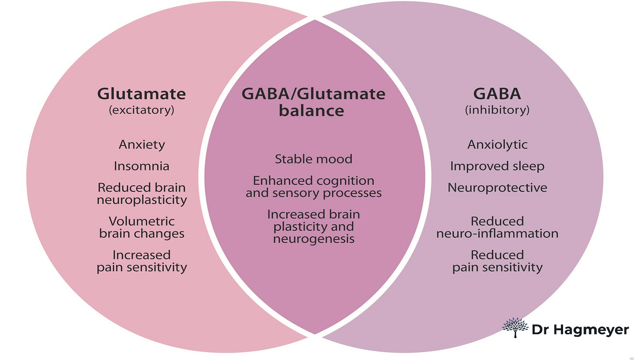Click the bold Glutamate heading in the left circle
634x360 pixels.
click(142, 94)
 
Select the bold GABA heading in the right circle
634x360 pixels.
click(497, 94)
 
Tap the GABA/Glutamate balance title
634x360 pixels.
click(313, 102)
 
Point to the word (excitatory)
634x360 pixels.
click(142, 110)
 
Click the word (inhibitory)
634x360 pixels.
click(497, 110)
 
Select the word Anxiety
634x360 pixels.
click(142, 145)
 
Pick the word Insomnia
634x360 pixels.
click(142, 166)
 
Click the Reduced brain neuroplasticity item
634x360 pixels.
click(142, 194)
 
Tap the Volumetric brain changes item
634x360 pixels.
click(142, 227)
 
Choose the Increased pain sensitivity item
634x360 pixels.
click(142, 261)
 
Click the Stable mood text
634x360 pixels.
click(313, 159)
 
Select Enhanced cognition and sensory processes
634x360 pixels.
click(313, 187)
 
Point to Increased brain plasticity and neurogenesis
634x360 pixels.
click(313, 226)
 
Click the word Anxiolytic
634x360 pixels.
click(497, 145)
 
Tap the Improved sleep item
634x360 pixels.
click(497, 166)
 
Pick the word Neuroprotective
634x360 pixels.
click(497, 188)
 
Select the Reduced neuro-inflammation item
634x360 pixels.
click(497, 227)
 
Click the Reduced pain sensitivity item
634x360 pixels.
click(497, 261)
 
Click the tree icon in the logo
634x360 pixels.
click(515, 328)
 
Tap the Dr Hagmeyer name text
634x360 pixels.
click(580, 330)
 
